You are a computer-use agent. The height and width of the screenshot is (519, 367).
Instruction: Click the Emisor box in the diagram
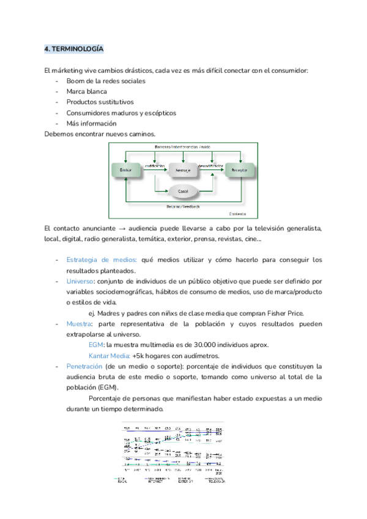click(126, 170)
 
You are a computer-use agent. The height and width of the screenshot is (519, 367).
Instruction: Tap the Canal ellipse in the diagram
click(182, 192)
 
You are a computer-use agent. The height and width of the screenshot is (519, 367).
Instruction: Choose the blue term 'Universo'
click(80, 281)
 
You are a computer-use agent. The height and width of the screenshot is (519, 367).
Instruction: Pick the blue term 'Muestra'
click(79, 324)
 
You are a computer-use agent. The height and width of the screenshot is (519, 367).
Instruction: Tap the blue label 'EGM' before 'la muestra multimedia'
click(96, 345)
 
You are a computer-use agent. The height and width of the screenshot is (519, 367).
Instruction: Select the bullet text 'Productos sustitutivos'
click(100, 102)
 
